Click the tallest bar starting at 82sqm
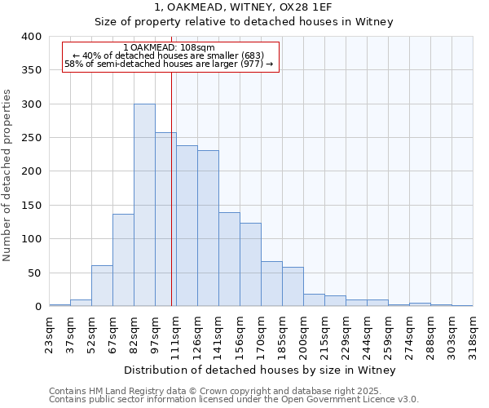tap(144, 205)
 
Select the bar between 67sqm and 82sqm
tap(123, 259)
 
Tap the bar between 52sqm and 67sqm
tap(102, 286)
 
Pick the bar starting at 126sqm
tap(208, 228)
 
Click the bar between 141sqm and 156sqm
tap(229, 259)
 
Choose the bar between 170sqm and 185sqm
tap(271, 284)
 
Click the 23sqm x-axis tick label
tap(54, 330)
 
